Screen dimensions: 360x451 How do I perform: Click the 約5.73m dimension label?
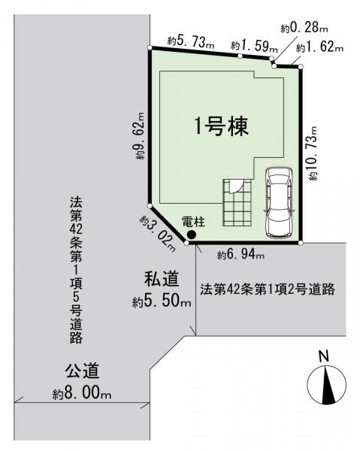(191, 43)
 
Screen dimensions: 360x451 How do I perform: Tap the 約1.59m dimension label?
(254, 46)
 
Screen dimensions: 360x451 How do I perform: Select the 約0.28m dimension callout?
(304, 28)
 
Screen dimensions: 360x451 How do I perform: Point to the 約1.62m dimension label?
(319, 47)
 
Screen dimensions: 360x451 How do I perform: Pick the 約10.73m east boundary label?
(313, 153)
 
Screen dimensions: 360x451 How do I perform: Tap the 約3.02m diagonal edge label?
(158, 234)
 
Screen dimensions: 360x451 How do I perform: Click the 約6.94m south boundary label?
(241, 255)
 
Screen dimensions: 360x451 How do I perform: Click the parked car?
(279, 203)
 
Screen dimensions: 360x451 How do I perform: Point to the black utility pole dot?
(191, 235)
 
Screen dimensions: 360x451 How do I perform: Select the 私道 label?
(162, 280)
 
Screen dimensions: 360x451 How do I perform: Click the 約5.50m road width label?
(162, 301)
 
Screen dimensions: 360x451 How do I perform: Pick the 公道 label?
(82, 371)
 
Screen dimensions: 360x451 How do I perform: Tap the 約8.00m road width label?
(82, 393)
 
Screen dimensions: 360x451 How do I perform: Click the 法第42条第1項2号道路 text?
(268, 289)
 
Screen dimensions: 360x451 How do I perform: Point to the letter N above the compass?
(325, 356)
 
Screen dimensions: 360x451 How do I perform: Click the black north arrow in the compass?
(328, 386)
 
